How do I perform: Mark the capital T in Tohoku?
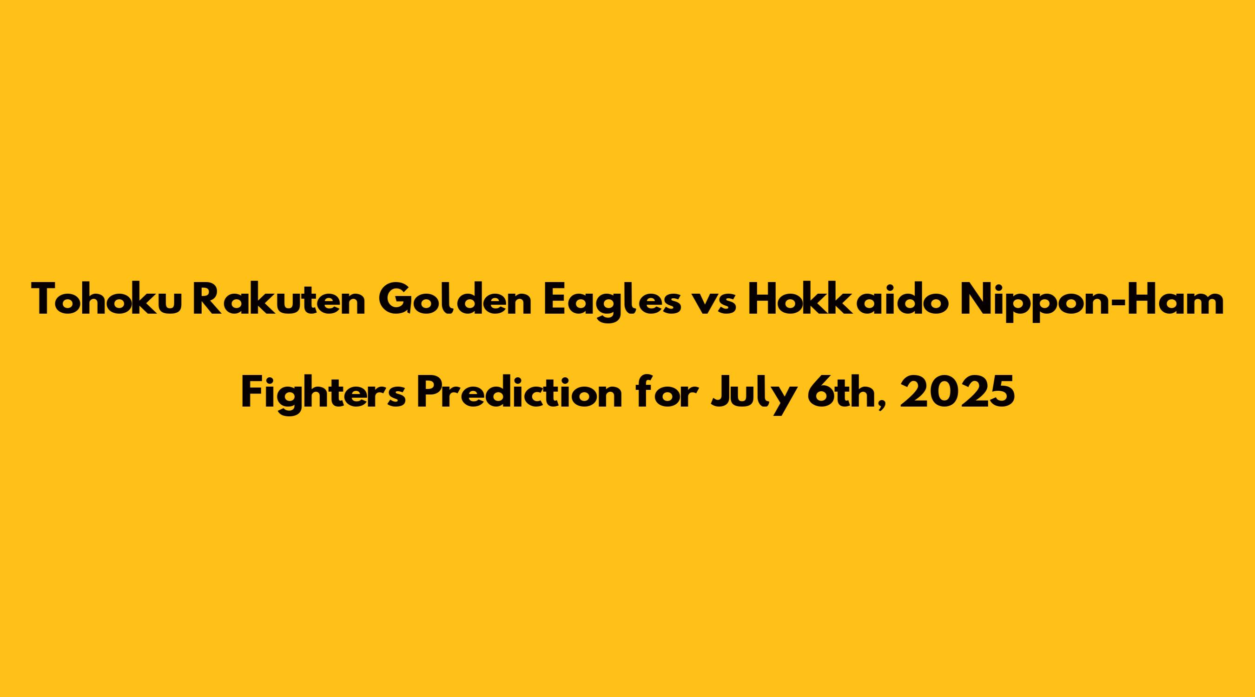coord(47,299)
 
